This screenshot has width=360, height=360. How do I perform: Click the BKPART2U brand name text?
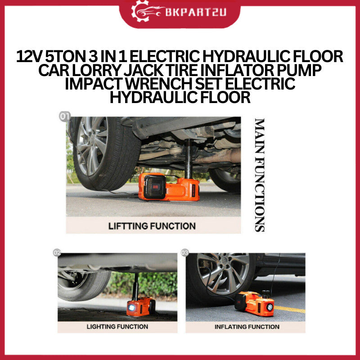pos(196,12)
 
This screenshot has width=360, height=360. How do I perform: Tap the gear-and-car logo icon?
pos(148,10)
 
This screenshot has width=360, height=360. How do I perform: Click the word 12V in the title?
pos(29,57)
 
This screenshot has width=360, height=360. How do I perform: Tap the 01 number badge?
pos(64,117)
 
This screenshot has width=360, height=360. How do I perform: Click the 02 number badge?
pos(57,253)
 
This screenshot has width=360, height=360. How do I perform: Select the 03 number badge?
pos(185,252)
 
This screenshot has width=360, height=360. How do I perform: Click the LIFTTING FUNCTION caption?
pos(152,226)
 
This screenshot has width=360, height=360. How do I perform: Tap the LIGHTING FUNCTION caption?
pos(117,327)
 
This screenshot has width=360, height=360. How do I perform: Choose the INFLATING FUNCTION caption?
pos(247,327)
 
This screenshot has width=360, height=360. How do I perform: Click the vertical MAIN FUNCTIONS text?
pos(260,175)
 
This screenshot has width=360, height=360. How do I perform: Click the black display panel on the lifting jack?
pos(154,187)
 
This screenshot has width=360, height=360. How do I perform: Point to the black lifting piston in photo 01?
pos(189,158)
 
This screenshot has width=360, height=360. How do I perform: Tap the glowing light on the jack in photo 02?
pos(131,308)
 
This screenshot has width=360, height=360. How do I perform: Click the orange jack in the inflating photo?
pos(254,303)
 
